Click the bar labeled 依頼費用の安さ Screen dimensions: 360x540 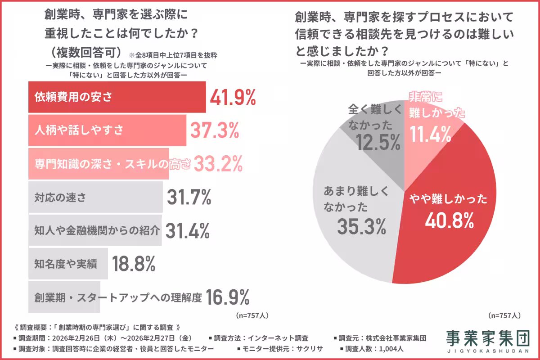[x=117, y=97]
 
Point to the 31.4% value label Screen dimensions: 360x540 [x=188, y=230]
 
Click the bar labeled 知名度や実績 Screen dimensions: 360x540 [x=68, y=264]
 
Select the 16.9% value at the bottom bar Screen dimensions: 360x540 [x=227, y=297]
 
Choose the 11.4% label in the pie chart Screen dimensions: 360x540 [x=431, y=134]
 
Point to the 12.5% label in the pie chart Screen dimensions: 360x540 [x=378, y=143]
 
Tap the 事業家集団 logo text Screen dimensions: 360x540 [x=488, y=337]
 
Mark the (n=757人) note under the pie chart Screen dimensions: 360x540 [x=504, y=315]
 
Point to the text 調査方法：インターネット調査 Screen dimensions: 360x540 [x=261, y=338]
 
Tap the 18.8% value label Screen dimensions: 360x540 [x=134, y=264]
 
